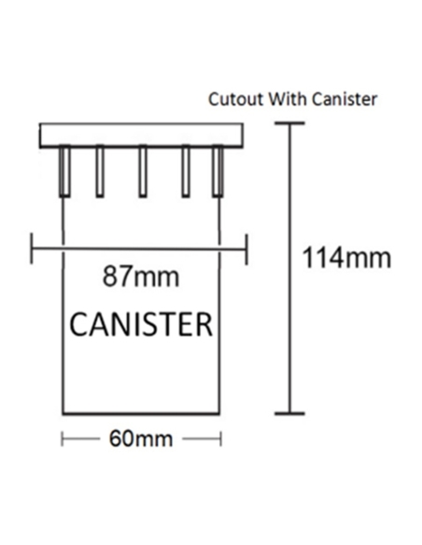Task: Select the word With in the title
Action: click(x=288, y=99)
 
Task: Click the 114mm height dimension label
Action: click(x=346, y=258)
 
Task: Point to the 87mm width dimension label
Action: click(x=141, y=276)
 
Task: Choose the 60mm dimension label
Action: click(x=141, y=439)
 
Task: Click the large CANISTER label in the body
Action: click(x=141, y=324)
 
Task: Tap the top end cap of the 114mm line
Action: click(x=289, y=122)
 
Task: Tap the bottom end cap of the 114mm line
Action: click(x=289, y=413)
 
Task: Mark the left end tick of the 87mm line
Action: click(x=32, y=248)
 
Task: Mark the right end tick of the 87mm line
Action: click(x=246, y=249)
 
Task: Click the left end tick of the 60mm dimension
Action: click(x=62, y=439)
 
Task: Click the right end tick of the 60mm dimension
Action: click(x=220, y=439)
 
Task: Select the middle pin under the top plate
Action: click(x=143, y=171)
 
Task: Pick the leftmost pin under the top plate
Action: click(x=64, y=171)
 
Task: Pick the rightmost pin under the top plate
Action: click(x=218, y=171)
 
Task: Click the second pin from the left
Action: click(x=100, y=171)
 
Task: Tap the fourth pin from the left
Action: click(x=186, y=171)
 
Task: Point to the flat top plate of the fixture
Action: click(x=141, y=135)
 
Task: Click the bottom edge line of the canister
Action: click(x=141, y=413)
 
